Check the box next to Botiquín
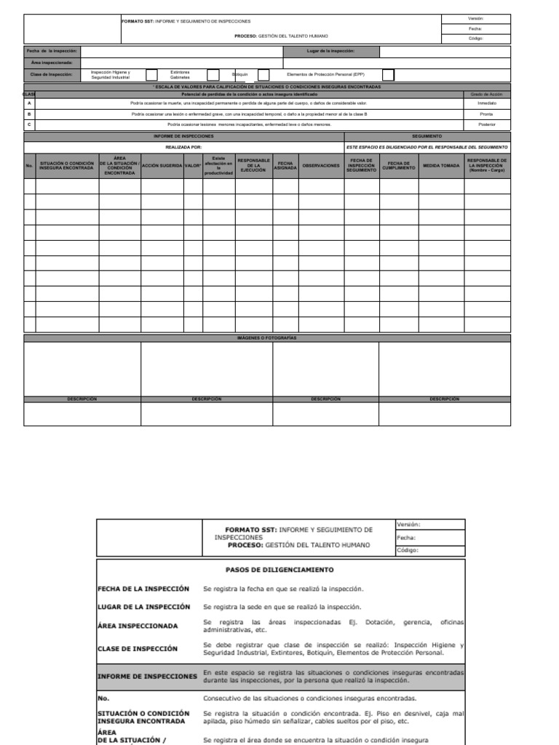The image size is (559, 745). point(263,75)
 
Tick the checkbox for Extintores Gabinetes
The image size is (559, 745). point(213,75)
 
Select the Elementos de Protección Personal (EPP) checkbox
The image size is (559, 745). point(389,75)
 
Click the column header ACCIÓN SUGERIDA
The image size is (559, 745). point(162,166)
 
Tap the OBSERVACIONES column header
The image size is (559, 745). point(321,166)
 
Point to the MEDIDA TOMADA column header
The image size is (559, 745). point(441,166)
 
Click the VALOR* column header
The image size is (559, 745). point(193,166)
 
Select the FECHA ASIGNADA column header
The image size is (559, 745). point(285,166)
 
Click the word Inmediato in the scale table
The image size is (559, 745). point(487,104)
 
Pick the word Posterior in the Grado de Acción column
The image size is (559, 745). point(487,124)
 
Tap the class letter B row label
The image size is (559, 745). point(29,114)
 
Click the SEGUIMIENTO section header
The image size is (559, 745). point(427,136)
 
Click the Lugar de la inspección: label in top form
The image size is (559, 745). point(331,52)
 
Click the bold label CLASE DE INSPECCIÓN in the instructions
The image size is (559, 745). point(138,648)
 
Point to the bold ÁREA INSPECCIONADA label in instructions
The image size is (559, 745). point(138,626)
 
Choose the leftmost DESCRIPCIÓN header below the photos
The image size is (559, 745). point(82,399)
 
